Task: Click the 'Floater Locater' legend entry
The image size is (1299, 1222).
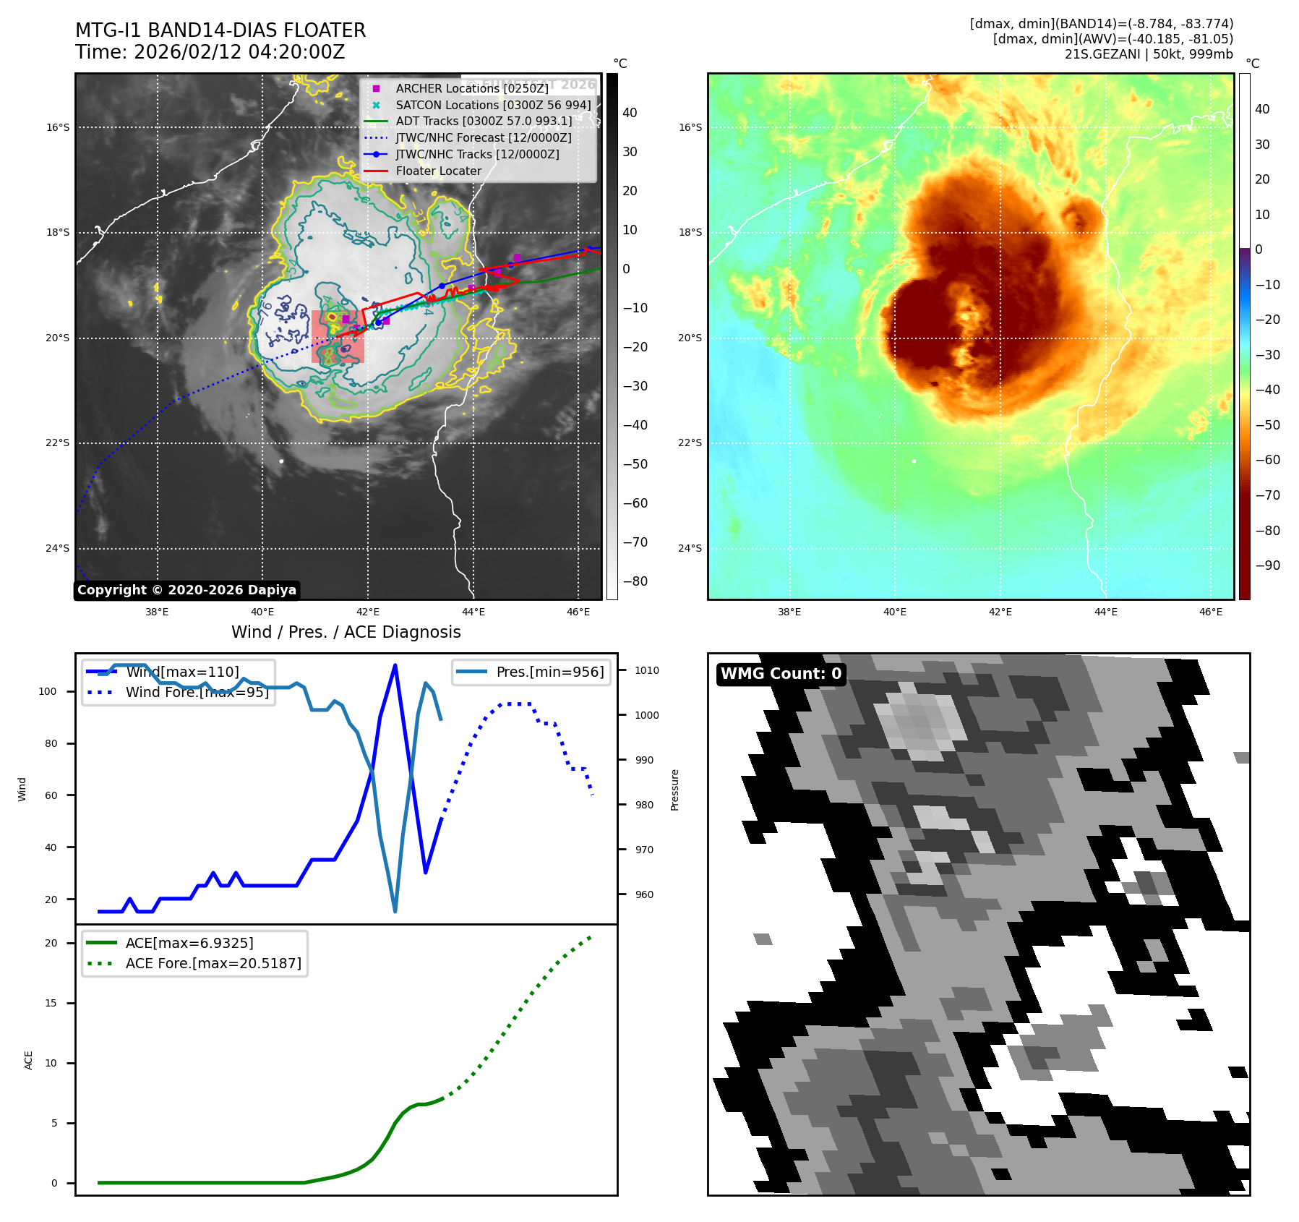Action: click(438, 171)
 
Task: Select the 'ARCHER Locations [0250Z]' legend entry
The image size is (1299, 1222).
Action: click(472, 88)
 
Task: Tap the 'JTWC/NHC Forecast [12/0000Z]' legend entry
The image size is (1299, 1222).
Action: click(484, 138)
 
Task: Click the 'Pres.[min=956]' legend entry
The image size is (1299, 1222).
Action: click(549, 672)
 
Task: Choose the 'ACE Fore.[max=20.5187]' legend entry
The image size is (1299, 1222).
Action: click(213, 963)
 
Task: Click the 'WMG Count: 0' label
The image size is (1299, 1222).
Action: click(781, 674)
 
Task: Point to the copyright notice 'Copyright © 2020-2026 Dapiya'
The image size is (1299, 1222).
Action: click(187, 590)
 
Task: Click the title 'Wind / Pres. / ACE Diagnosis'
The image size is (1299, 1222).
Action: click(346, 632)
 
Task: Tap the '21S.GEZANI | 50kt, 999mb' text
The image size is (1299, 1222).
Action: click(1149, 54)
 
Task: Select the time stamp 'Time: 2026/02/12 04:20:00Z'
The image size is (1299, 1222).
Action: click(210, 52)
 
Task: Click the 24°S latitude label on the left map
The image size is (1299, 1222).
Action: click(58, 548)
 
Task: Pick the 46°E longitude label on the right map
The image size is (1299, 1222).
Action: click(1211, 612)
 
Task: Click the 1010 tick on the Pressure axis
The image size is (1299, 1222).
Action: click(647, 670)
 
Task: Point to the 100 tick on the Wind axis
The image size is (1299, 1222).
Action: click(48, 691)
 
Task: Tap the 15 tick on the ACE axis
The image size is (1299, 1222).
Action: click(51, 1003)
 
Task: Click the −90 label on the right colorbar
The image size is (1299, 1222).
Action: click(1267, 565)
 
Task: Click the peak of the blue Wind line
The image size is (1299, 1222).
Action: click(395, 665)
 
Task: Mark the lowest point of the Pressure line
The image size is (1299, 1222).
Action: click(395, 911)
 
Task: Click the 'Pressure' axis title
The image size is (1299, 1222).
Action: click(674, 790)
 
